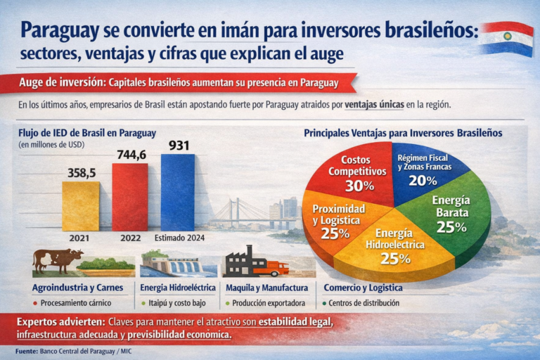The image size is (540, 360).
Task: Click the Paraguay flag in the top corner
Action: pos(506,39)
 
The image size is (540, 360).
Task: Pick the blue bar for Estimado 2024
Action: pos(178,192)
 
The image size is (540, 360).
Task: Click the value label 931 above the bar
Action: pos(179,146)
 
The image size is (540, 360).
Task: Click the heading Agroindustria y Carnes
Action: pos(77,288)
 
